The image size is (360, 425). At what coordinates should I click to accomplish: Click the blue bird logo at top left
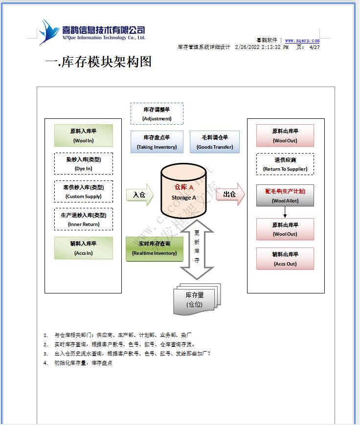(x=49, y=32)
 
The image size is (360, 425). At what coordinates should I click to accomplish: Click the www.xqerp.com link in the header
(x=302, y=41)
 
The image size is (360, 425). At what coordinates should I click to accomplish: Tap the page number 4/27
(x=315, y=47)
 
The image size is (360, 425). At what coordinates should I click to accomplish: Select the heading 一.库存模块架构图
(x=98, y=62)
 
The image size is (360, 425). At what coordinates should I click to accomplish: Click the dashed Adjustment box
(x=157, y=114)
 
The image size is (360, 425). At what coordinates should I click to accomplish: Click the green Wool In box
(x=83, y=135)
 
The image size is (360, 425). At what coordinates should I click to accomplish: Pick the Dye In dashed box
(x=83, y=164)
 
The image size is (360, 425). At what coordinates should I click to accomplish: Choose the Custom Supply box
(x=83, y=192)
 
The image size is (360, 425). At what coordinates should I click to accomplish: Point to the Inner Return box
(x=83, y=219)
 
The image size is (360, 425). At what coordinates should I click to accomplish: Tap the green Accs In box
(x=83, y=248)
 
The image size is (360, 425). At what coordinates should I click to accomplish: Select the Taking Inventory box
(x=157, y=142)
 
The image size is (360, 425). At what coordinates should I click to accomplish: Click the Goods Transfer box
(x=215, y=142)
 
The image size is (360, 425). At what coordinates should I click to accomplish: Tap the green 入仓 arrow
(x=140, y=195)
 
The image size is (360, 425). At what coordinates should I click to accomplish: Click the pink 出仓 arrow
(x=230, y=194)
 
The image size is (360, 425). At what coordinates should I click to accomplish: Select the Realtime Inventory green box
(x=155, y=248)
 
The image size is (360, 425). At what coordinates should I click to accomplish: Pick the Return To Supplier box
(x=285, y=164)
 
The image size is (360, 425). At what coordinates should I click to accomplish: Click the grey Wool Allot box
(x=285, y=196)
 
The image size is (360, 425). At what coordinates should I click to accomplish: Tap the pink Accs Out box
(x=285, y=259)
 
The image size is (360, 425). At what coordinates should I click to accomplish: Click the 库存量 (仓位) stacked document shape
(x=195, y=299)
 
